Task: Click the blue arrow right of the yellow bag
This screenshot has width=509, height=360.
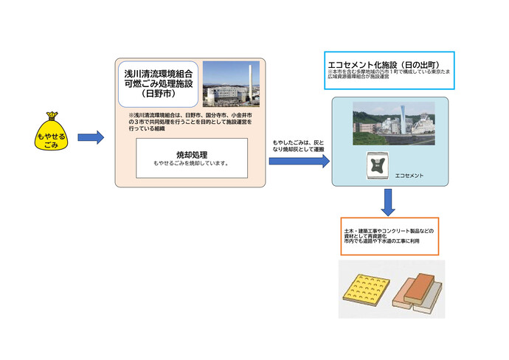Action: point(90,136)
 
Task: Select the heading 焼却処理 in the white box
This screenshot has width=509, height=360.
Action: point(190,155)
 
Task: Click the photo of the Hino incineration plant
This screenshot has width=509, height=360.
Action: point(230,84)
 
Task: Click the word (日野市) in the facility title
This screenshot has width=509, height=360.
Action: point(159,94)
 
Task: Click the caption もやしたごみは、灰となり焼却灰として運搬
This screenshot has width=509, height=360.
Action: point(297,145)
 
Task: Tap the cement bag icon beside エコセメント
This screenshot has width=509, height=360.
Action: point(378,165)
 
